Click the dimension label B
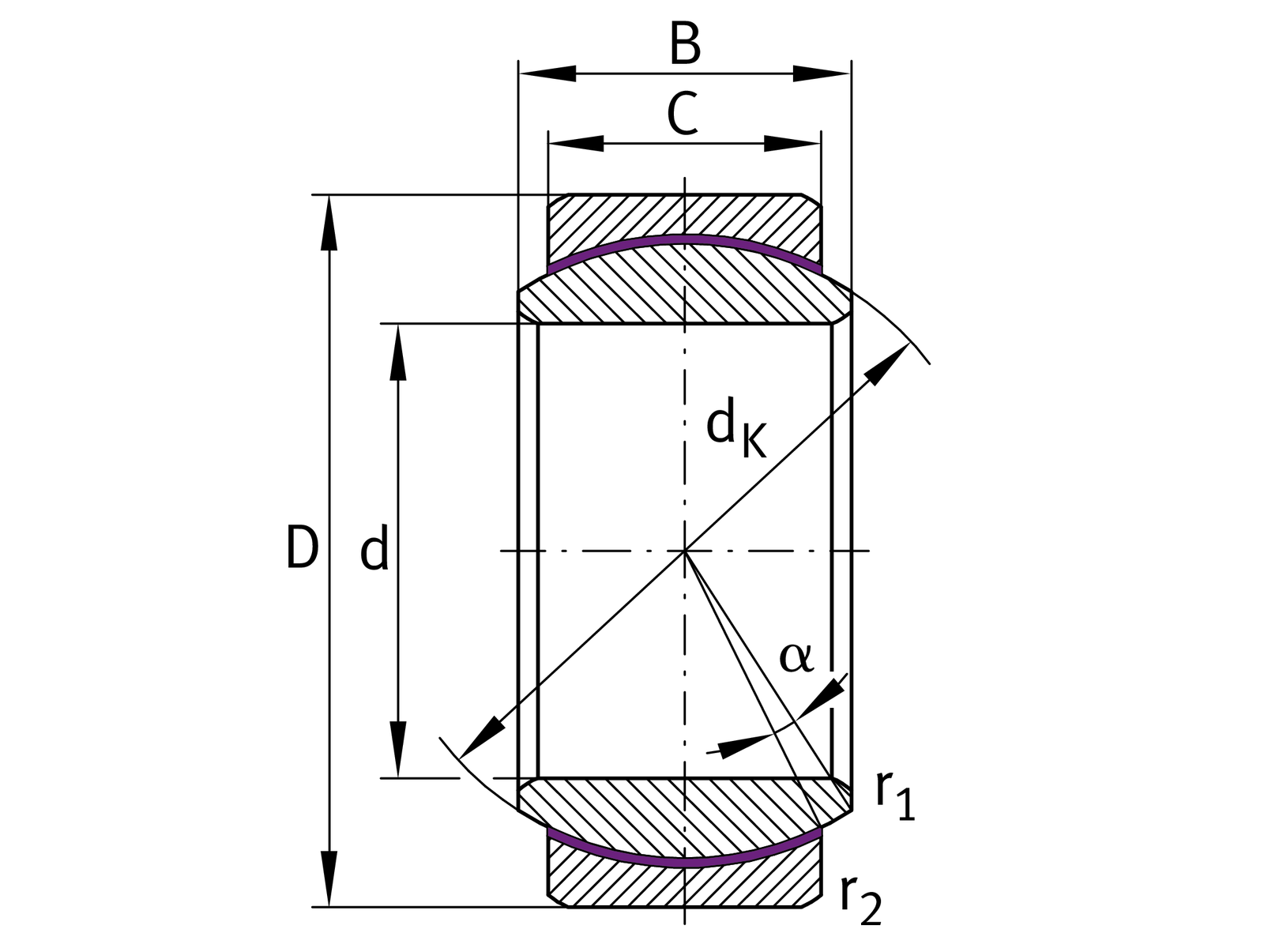point(684,45)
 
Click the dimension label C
point(683,115)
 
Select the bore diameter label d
point(374,551)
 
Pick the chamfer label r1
point(894,796)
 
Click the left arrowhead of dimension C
point(576,143)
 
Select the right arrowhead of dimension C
point(793,143)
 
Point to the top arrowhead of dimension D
point(329,223)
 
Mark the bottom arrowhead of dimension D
point(329,878)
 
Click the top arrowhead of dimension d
point(399,352)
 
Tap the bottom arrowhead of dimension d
point(399,750)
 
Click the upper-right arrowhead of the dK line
point(888,363)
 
